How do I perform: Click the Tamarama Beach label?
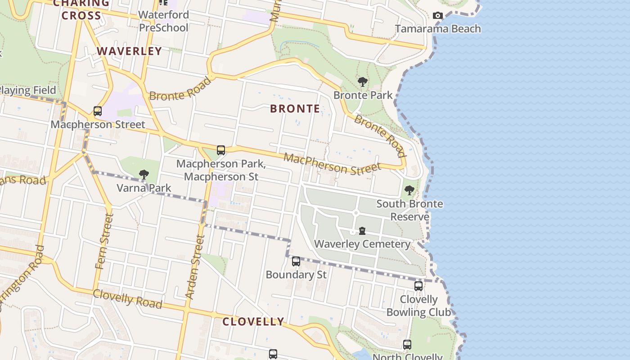coord(438,29)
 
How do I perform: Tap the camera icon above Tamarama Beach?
coord(437,16)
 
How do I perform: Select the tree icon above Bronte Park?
coord(363,82)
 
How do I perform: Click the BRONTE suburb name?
coord(295,108)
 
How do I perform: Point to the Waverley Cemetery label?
coord(362,244)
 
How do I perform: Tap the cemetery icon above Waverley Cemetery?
coord(362,231)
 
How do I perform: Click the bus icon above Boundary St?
coord(296,261)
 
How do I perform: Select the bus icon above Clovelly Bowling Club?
coord(418,286)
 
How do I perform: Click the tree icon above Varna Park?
coord(144,174)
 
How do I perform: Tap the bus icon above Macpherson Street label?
coord(98,111)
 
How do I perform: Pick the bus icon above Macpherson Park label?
coord(221,150)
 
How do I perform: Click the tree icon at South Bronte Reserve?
coord(409,190)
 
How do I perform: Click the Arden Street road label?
coord(195,266)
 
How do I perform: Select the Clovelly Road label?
coord(127,299)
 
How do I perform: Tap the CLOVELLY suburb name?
coord(253,322)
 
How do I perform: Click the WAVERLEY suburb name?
coord(129,51)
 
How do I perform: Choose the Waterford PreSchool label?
coord(163,21)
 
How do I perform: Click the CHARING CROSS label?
coord(81,9)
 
